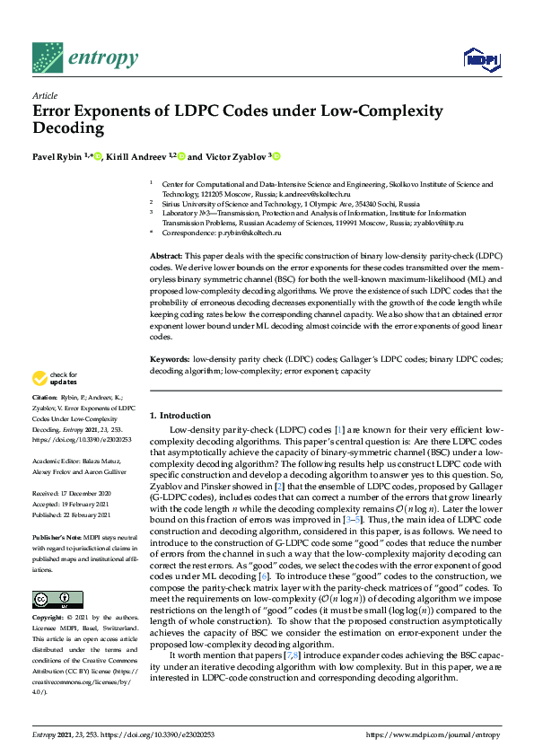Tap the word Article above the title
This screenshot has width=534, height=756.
pyautogui.click(x=44, y=96)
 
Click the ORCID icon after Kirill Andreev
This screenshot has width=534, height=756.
pyautogui.click(x=180, y=157)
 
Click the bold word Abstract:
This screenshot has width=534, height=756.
pyautogui.click(x=168, y=257)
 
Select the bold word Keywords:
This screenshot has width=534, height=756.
pyautogui.click(x=171, y=358)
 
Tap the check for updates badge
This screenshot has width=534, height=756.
pyautogui.click(x=55, y=379)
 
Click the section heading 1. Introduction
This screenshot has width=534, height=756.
pyautogui.click(x=180, y=416)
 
